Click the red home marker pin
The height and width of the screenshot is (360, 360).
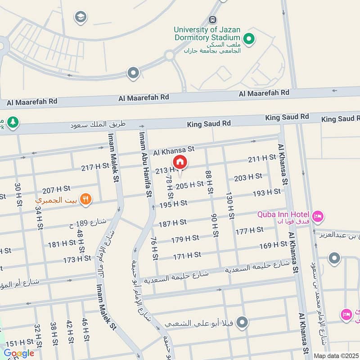(x=180, y=162)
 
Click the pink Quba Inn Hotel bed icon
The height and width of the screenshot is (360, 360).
(x=318, y=216)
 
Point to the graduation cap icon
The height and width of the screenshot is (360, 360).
(x=81, y=17)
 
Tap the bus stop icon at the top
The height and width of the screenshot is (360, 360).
(x=212, y=20)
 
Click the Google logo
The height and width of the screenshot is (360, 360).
(x=19, y=353)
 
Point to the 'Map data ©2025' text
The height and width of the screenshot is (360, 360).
(x=336, y=355)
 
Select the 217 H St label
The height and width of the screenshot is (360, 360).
(x=95, y=166)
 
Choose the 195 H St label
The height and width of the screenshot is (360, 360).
(x=173, y=203)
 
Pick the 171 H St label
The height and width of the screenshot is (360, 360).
(x=187, y=255)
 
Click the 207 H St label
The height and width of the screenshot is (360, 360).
(x=56, y=189)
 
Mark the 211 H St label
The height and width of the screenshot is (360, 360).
(x=262, y=158)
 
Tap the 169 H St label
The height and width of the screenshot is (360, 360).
(x=273, y=245)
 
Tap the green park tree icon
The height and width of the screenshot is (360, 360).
(x=13, y=122)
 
